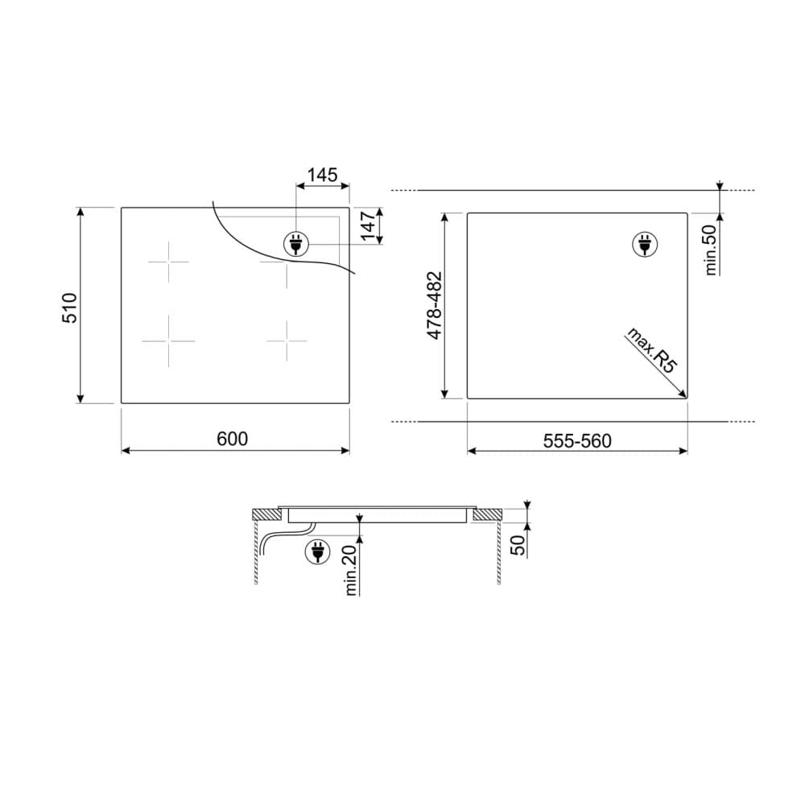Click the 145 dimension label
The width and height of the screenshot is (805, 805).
[x=323, y=175]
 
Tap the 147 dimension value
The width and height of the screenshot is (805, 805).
[x=369, y=225]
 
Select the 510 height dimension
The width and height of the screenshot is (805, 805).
[x=69, y=308]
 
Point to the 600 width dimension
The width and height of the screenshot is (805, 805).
[x=232, y=439]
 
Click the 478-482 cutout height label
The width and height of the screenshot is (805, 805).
[x=435, y=305]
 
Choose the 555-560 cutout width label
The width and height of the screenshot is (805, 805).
[x=577, y=441]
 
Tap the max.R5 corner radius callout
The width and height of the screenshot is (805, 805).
[x=650, y=351]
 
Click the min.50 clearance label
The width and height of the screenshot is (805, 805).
[x=711, y=250]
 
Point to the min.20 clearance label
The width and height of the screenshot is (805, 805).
[x=351, y=571]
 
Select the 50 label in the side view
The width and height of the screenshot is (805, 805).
[x=519, y=545]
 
